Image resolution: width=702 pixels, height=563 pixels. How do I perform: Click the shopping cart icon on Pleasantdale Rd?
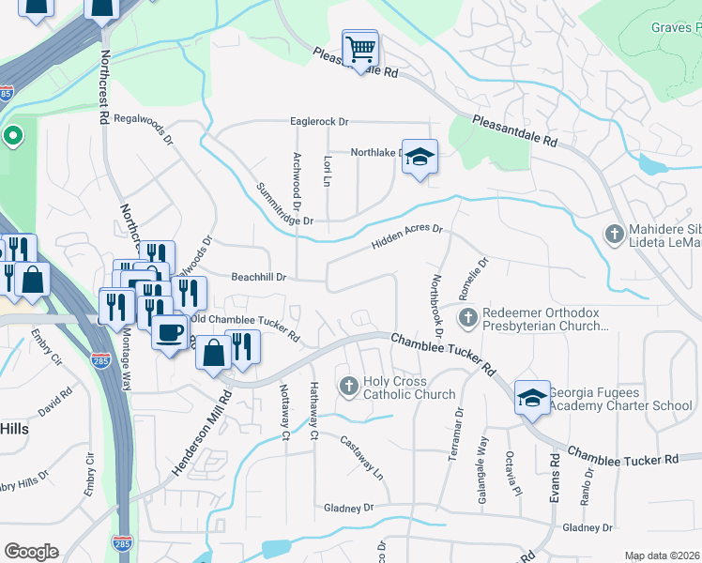tap(359, 48)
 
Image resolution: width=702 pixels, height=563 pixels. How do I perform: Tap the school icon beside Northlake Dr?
tap(420, 158)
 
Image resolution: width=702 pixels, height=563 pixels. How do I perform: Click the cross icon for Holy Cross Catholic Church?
tap(348, 386)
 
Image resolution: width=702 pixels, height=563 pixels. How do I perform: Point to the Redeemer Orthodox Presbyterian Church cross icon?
tap(467, 319)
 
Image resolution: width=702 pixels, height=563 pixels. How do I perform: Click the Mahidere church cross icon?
tap(615, 234)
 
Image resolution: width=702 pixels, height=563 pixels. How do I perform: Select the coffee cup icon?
tap(170, 332)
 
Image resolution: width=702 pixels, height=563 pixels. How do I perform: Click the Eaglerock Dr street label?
tap(319, 122)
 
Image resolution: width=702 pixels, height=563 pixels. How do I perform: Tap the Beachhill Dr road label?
tap(259, 278)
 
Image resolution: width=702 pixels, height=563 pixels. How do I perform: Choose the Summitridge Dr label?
tap(283, 204)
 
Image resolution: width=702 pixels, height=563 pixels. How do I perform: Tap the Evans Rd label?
tap(556, 478)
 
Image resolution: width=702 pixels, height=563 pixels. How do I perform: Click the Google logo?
tap(31, 551)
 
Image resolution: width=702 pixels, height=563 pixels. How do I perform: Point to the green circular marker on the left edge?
tap(12, 137)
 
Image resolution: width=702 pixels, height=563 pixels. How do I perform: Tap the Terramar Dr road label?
tap(459, 430)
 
